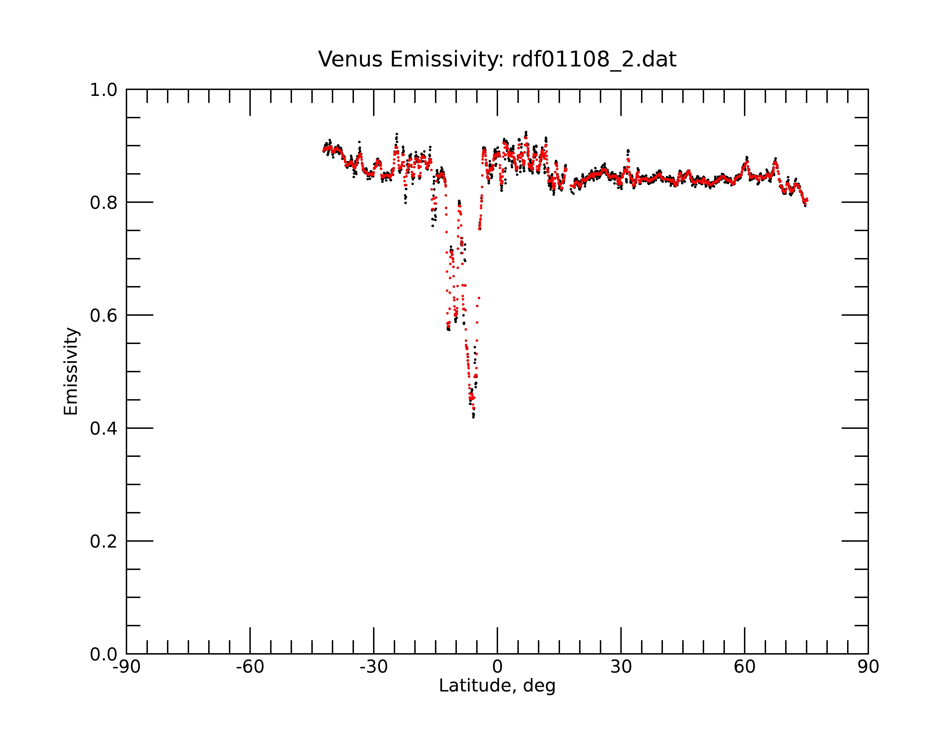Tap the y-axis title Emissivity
coord(71,371)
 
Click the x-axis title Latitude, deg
coord(497,686)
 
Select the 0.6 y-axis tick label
coord(104,316)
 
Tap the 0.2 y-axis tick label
coord(104,541)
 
